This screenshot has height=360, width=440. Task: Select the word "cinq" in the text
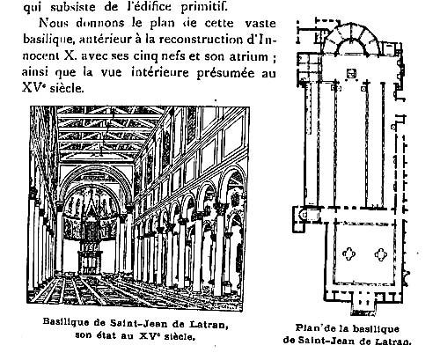(x=145, y=56)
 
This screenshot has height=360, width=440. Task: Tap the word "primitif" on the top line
(x=204, y=7)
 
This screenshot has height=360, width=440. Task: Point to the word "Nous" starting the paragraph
(x=53, y=23)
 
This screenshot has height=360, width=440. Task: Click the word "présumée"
(x=225, y=73)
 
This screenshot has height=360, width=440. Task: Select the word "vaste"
(x=260, y=23)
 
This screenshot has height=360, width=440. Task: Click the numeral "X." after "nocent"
(x=70, y=55)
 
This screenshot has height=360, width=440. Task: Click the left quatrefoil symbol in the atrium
(x=349, y=254)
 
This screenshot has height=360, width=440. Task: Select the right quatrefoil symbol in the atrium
(x=381, y=254)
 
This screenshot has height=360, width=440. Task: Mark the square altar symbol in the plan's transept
(x=351, y=74)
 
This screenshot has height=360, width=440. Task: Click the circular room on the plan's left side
(x=305, y=215)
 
